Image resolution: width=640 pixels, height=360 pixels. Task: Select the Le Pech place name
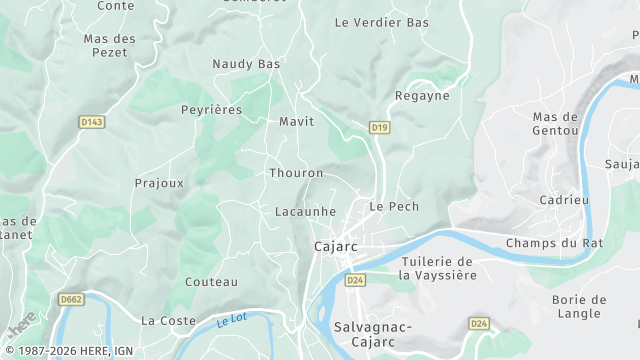click(394, 206)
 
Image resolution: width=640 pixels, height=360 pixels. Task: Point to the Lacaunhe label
click(305, 212)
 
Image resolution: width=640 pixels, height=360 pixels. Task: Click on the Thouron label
click(296, 173)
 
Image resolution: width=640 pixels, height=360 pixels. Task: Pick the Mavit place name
click(296, 121)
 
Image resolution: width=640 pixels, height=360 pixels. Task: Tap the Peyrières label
click(211, 110)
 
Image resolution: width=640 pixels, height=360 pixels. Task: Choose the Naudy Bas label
click(246, 64)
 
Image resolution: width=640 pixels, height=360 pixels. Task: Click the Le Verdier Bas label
click(381, 22)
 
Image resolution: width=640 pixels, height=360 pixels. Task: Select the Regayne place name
click(422, 96)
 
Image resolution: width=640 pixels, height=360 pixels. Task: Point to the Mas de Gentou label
click(556, 123)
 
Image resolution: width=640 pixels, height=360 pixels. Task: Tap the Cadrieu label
click(564, 199)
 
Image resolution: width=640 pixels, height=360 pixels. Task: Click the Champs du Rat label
click(555, 243)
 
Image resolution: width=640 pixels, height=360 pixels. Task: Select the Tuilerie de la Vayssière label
click(436, 267)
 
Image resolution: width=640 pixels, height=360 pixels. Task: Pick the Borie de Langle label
click(579, 306)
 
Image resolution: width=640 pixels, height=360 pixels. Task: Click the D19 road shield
click(378, 127)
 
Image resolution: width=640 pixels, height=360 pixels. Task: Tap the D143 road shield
click(92, 122)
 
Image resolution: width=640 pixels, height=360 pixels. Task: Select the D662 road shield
click(71, 298)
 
